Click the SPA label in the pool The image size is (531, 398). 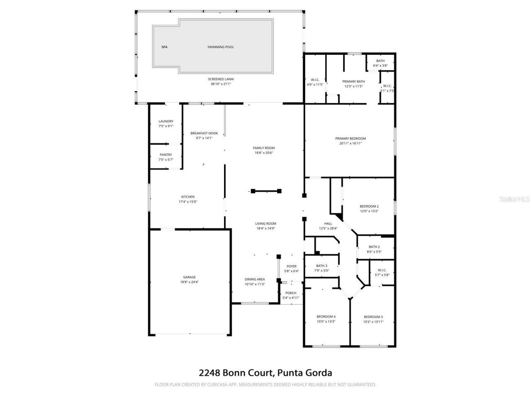click(x=164, y=47)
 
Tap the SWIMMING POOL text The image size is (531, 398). click(x=221, y=47)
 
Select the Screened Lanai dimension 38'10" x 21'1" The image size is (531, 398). click(x=221, y=84)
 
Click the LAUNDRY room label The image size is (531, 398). click(x=166, y=121)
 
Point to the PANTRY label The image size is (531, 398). click(x=166, y=155)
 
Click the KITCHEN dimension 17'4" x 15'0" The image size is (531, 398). click(x=188, y=202)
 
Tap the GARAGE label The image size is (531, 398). click(x=190, y=277)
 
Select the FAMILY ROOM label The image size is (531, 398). click(x=264, y=148)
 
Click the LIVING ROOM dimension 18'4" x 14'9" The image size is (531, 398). click(x=265, y=228)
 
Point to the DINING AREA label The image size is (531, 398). click(x=255, y=279)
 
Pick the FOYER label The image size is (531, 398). click(x=292, y=266)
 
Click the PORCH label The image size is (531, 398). click(x=291, y=293)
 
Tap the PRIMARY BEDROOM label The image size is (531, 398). click(x=351, y=138)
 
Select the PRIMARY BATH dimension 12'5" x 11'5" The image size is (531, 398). click(x=353, y=86)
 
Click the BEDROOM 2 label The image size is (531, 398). click(x=369, y=206)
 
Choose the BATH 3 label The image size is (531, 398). click(x=322, y=266)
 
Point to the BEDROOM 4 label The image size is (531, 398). click(x=326, y=317)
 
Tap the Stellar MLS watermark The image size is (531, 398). click(x=514, y=199)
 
